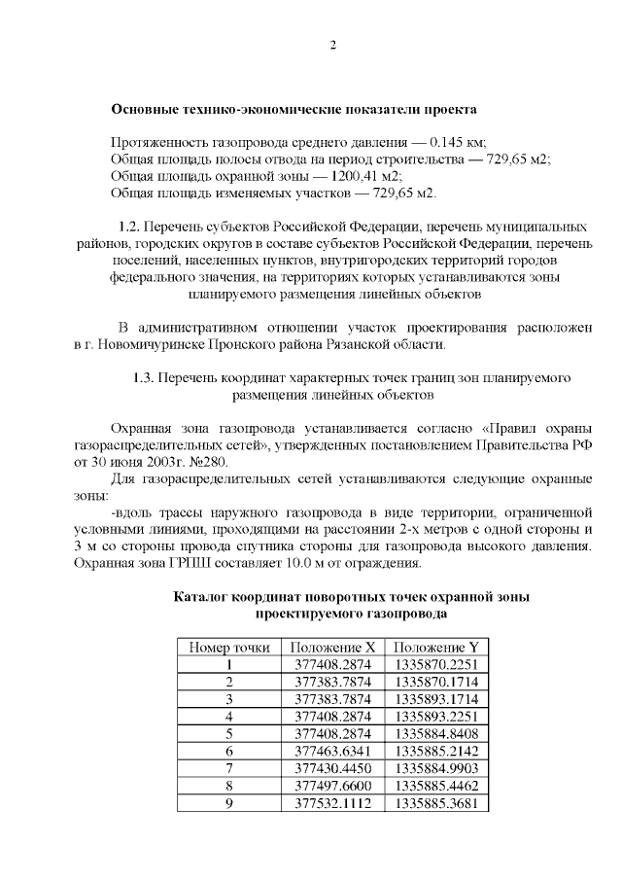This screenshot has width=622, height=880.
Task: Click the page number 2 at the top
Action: (x=332, y=46)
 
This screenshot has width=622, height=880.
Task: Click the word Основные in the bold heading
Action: (x=145, y=109)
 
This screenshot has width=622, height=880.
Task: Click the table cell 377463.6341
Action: (x=333, y=752)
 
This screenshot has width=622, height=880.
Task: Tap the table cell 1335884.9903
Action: (x=436, y=769)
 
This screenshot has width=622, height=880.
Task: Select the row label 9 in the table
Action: (x=229, y=804)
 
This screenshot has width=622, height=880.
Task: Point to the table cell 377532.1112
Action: (x=333, y=804)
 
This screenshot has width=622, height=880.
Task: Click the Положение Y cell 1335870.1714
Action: (x=436, y=682)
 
